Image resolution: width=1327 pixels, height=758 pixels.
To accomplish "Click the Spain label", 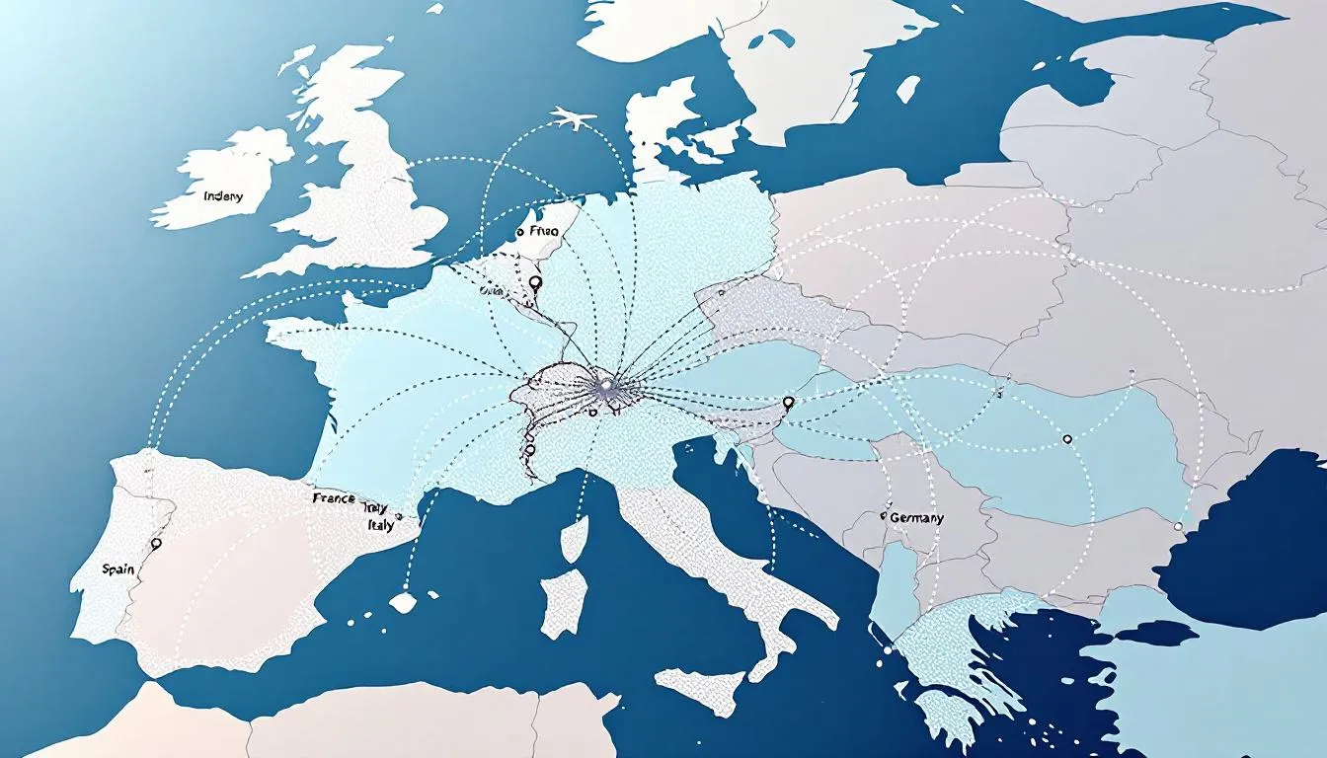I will click(117, 569).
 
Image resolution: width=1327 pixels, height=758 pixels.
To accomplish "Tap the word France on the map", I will click(334, 498).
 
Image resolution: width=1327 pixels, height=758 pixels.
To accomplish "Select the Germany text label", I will click(916, 517).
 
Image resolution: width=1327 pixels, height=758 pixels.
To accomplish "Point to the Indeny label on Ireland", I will click(222, 196).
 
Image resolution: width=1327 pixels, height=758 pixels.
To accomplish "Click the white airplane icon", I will click(573, 120).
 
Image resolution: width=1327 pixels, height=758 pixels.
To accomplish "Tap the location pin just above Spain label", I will click(155, 543).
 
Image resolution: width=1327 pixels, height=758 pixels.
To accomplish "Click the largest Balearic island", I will click(403, 601).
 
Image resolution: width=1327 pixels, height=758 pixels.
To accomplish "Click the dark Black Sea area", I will click(1244, 533).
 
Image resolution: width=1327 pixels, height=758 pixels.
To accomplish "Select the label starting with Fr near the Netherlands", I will click(544, 230).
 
